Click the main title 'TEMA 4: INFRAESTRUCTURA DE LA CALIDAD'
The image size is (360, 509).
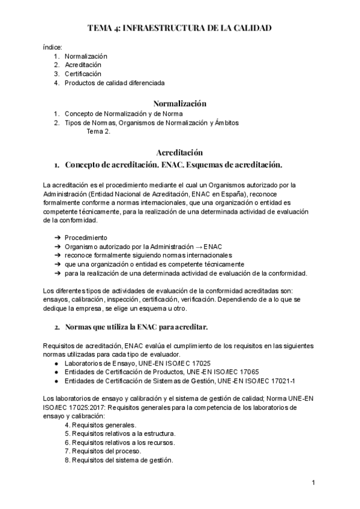179,28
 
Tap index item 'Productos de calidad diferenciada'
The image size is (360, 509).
114,83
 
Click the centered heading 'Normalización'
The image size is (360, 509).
179,103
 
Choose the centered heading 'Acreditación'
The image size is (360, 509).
179,152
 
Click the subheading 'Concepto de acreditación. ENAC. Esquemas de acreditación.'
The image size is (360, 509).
173,164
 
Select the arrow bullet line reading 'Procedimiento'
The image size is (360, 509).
86,238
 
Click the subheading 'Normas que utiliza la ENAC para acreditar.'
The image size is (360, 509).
136,327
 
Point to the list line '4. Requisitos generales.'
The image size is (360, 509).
100,424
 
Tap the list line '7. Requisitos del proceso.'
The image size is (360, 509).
103,451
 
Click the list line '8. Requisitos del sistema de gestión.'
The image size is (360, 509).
119,460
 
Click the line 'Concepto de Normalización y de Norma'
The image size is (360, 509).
124,113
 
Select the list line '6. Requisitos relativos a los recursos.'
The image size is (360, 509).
120,442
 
